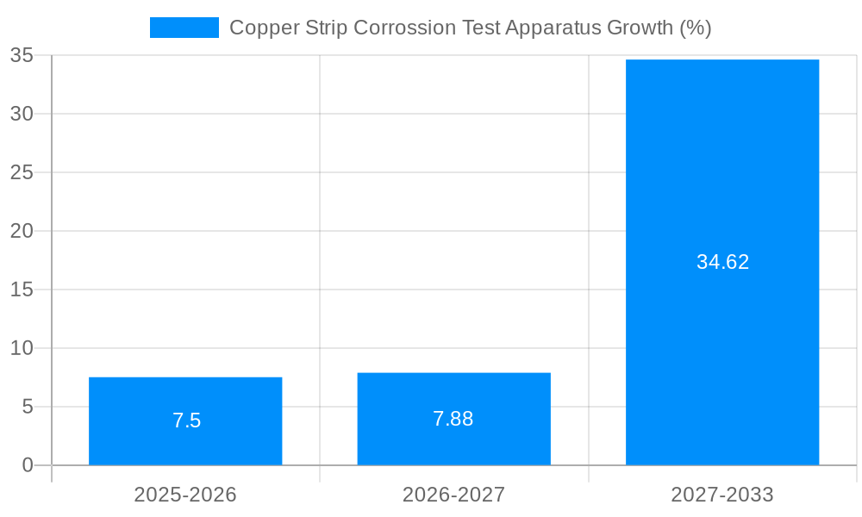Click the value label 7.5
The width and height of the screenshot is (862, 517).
(x=186, y=420)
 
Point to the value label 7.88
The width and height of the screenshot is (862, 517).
(x=453, y=419)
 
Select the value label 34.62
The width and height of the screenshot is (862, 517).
(x=722, y=262)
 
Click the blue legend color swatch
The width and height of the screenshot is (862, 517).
(x=184, y=28)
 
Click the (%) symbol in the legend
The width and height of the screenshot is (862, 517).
(x=695, y=28)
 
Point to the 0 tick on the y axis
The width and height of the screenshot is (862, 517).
(x=28, y=465)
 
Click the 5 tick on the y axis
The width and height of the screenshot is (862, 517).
(x=28, y=407)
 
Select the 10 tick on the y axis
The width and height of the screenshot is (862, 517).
(x=22, y=348)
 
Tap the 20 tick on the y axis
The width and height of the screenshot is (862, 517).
(x=22, y=231)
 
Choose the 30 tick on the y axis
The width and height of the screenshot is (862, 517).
(x=22, y=114)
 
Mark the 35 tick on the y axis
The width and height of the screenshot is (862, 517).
(x=22, y=55)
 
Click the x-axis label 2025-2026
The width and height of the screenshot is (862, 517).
(x=185, y=495)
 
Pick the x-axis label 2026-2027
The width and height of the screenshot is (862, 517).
(x=453, y=495)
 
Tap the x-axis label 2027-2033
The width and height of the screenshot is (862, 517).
(x=722, y=495)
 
